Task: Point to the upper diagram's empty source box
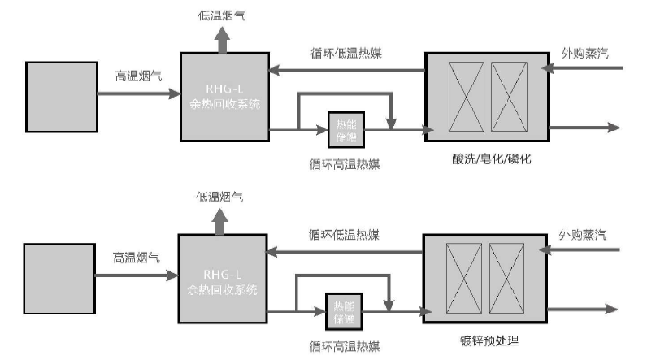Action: click(61, 94)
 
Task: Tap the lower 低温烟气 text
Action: click(219, 197)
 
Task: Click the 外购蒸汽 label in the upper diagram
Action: click(586, 53)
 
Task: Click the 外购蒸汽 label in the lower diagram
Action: click(582, 236)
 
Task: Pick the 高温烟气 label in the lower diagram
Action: click(136, 258)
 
